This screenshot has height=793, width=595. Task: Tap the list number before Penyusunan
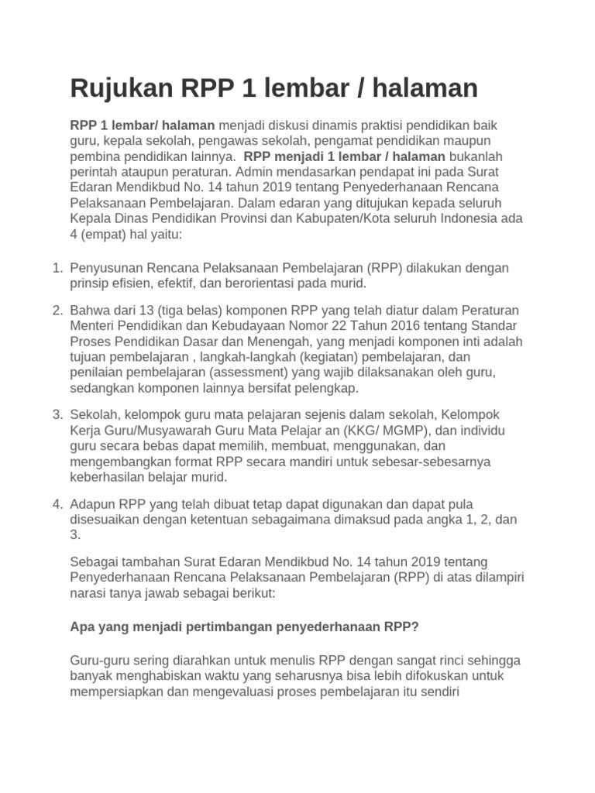click(57, 268)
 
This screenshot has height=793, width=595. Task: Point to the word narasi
click(88, 592)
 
